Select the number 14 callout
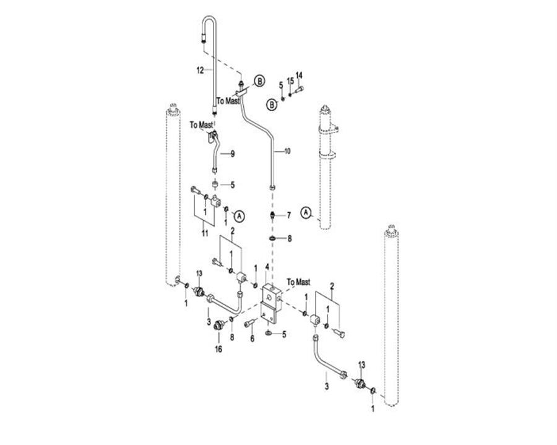coord(299,76)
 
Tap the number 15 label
coord(290,81)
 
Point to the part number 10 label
coord(286,150)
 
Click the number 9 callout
coord(233,153)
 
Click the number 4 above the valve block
coord(267,268)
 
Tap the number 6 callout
coord(252,339)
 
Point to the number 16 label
coord(218,350)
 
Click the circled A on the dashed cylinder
coord(306,212)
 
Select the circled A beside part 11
coord(241,215)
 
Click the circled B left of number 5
coord(272,103)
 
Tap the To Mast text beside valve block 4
coord(299,282)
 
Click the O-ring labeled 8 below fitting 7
coord(272,238)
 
